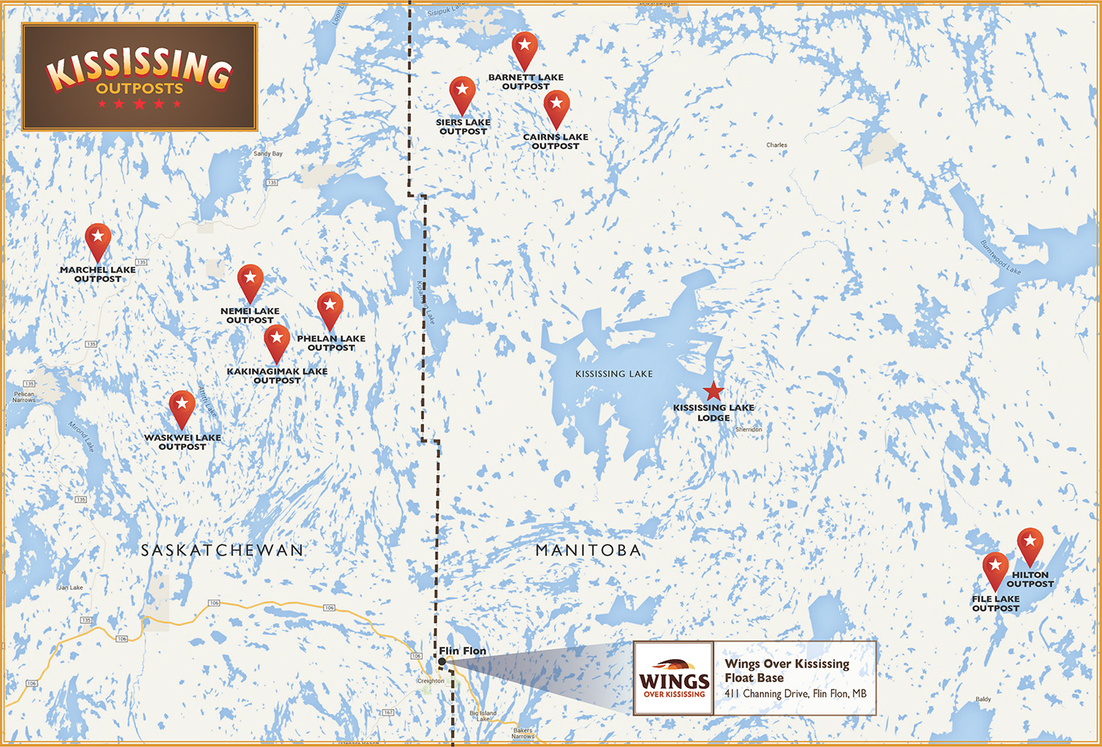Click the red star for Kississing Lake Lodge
[713, 391]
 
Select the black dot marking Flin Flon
[442, 662]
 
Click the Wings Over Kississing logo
[673, 678]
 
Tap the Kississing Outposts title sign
[140, 77]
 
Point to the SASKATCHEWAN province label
[222, 551]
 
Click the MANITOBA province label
[589, 551]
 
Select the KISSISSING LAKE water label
[614, 374]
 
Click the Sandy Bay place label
[268, 154]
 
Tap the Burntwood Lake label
[1000, 257]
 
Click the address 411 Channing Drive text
[795, 693]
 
